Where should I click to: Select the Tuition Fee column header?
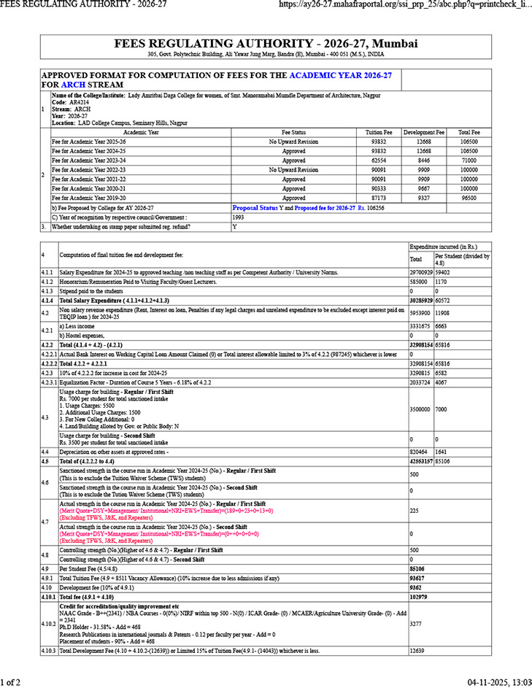point(378,132)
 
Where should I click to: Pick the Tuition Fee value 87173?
point(378,198)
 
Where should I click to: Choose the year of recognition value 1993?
point(239,217)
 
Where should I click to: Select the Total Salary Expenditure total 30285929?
point(421,300)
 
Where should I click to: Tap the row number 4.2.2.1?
point(48,333)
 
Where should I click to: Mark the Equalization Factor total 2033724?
point(421,360)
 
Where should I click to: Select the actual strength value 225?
point(415,511)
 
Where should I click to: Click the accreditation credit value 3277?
point(415,625)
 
